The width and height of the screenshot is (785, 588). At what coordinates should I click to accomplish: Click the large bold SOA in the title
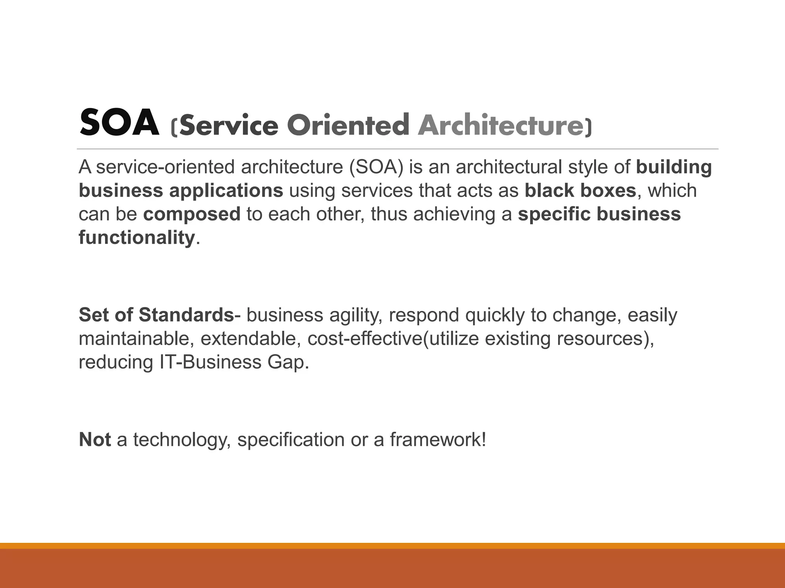[119, 123]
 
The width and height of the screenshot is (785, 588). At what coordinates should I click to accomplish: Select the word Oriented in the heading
[348, 125]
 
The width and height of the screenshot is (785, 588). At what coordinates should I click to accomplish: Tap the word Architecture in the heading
[500, 125]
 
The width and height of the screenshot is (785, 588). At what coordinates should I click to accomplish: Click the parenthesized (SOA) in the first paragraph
[376, 167]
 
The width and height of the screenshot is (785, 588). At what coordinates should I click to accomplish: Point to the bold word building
[673, 167]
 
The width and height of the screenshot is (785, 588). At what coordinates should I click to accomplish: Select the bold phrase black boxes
[580, 191]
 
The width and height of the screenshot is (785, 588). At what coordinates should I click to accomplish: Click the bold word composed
[192, 214]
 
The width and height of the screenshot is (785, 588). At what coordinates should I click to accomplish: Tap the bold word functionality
[137, 238]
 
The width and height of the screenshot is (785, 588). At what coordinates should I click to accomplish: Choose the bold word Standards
[186, 315]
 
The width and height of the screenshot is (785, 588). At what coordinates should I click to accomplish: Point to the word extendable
[250, 339]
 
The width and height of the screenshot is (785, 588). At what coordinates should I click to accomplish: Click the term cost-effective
[365, 339]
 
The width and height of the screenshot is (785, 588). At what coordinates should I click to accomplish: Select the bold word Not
[95, 439]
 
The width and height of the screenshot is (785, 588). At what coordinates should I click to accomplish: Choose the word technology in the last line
[182, 439]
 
